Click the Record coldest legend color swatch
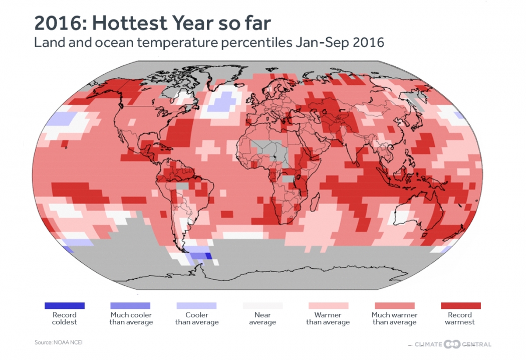64,305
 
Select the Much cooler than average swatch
130,305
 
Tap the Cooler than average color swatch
196,305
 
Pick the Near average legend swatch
262,305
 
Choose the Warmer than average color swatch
328,305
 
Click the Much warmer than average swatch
394,305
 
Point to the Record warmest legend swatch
460,305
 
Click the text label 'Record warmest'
460,319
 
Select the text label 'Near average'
262,319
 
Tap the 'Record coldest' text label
64,319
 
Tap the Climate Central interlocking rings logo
452,344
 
